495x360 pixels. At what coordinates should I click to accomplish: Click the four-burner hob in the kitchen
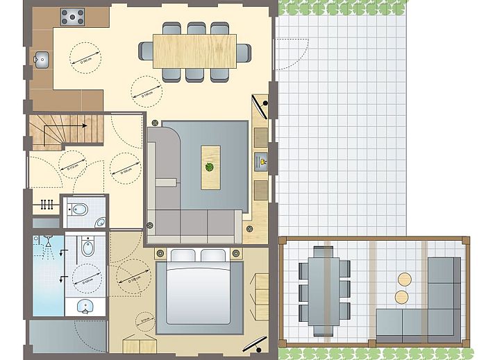(72, 16)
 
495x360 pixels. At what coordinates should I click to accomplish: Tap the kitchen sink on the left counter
(40, 60)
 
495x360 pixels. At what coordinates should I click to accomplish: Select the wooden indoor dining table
(196, 51)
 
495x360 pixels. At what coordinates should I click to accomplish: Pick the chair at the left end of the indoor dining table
(146, 51)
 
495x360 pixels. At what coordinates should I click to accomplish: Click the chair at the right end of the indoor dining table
(244, 52)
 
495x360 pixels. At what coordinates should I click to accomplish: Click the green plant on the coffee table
(210, 166)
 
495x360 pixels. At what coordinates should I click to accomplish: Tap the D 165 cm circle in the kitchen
(85, 56)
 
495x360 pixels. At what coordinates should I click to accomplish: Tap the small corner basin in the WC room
(101, 223)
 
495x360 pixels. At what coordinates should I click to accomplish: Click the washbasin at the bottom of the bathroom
(86, 306)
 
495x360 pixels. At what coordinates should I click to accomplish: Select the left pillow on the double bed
(183, 255)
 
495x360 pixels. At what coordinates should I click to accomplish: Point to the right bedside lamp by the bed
(237, 252)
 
